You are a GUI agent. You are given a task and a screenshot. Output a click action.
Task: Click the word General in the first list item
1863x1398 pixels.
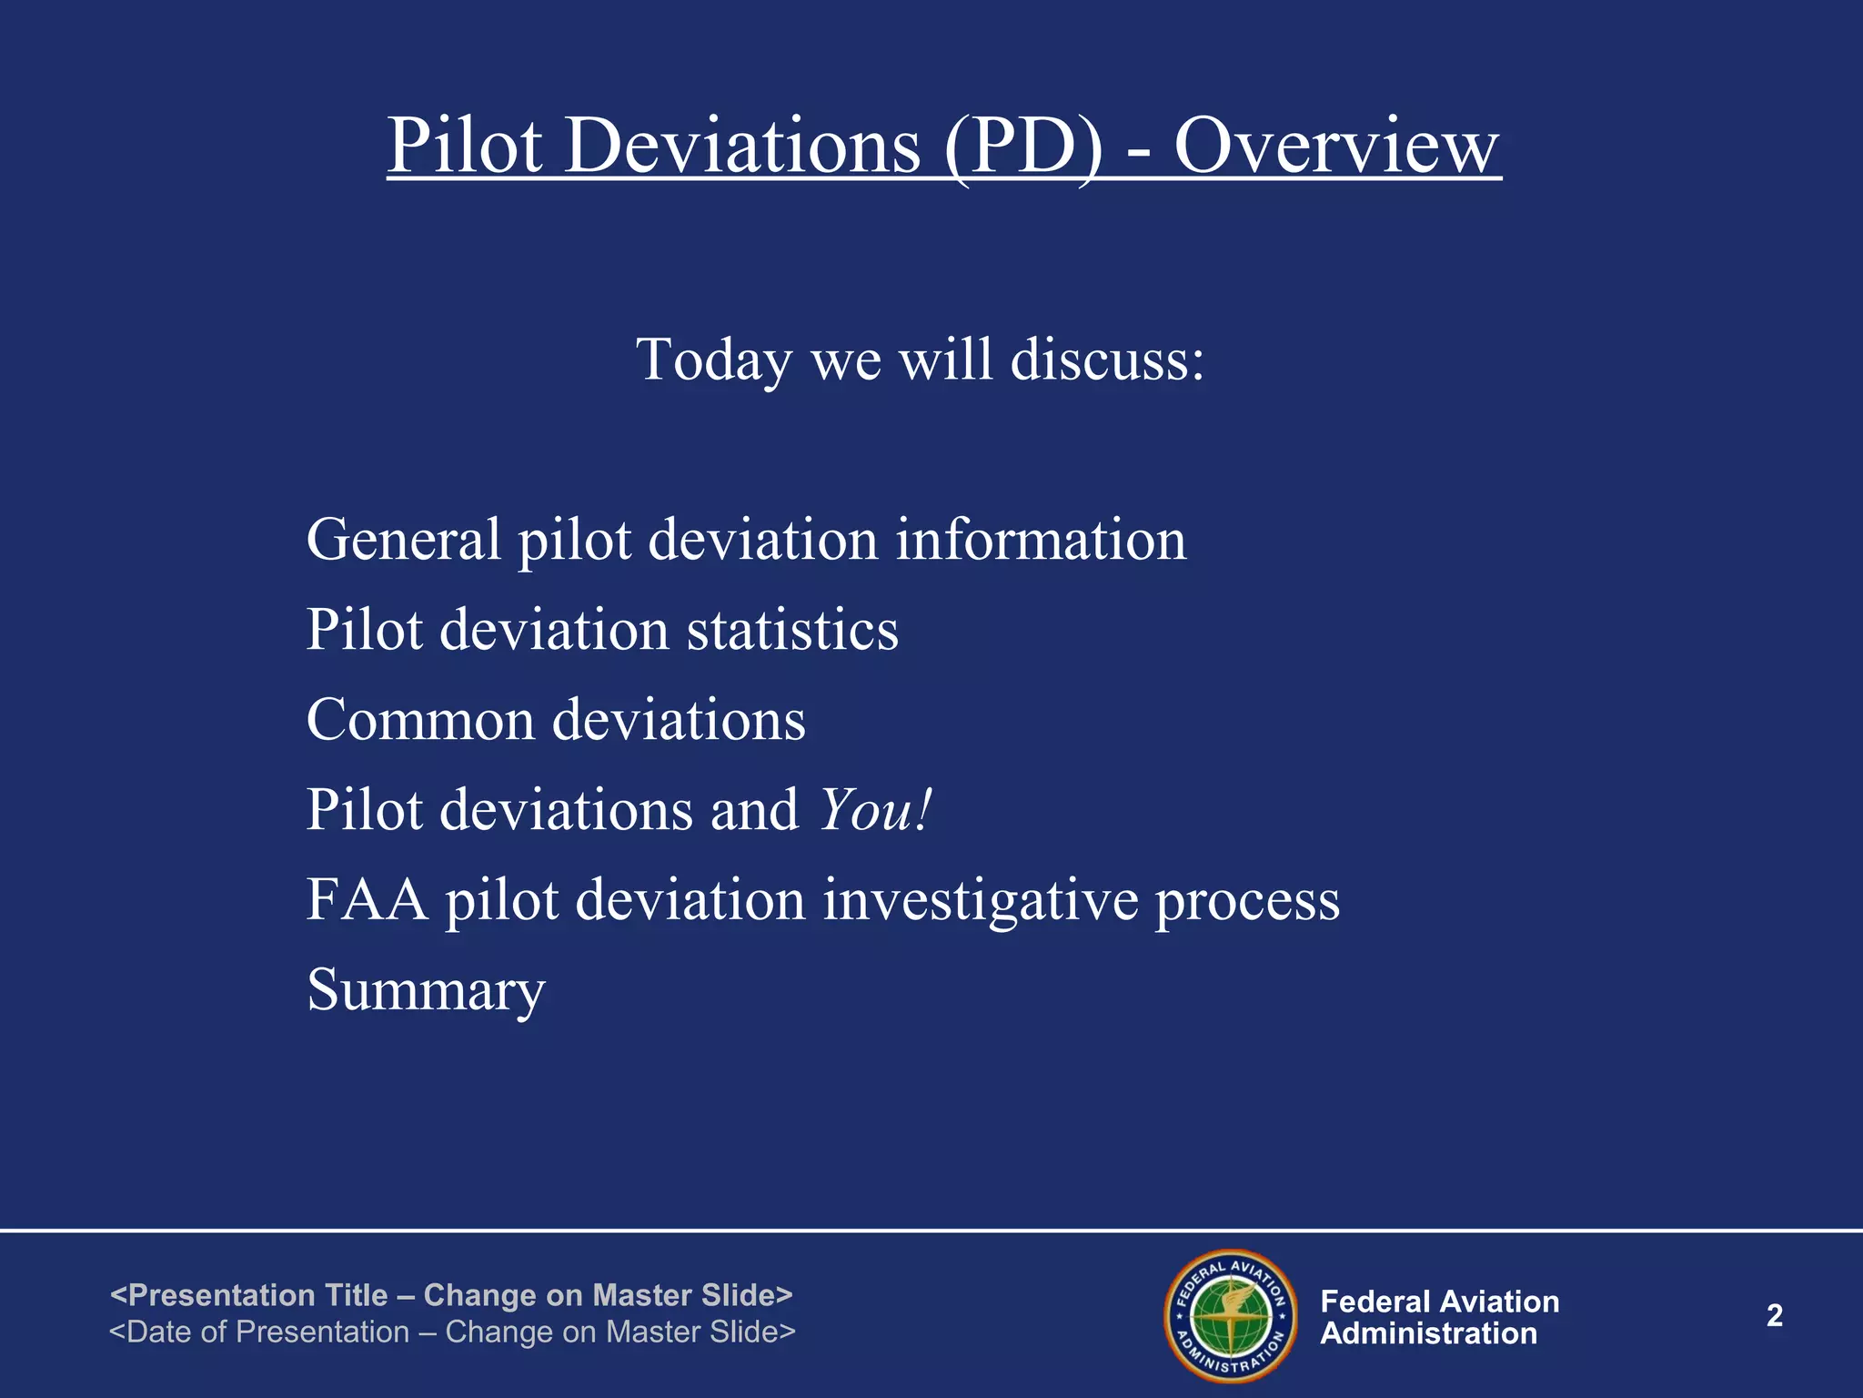tap(403, 539)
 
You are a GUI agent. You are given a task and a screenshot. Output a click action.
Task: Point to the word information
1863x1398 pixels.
tap(1041, 539)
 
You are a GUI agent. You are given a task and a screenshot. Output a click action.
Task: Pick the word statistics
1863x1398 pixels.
tap(791, 629)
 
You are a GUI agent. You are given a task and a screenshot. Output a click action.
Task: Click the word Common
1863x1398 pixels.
tap(420, 719)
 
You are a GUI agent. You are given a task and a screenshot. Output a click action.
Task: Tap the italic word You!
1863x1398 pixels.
tap(875, 809)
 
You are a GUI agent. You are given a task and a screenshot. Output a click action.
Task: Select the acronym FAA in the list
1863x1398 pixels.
tap(367, 899)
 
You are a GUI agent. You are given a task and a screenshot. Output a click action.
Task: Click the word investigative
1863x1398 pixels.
tap(980, 899)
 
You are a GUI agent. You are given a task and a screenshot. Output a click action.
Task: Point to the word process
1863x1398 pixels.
tap(1247, 901)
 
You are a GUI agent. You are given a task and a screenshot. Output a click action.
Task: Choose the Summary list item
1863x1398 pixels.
tap(426, 989)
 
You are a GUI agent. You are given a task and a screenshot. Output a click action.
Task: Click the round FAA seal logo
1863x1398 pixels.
tap(1231, 1316)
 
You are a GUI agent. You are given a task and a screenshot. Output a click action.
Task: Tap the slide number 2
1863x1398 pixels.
tap(1774, 1315)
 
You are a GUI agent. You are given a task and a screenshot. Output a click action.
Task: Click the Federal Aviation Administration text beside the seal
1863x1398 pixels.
tap(1439, 1317)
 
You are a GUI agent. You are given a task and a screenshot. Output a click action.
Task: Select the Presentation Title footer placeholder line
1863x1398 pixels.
tap(451, 1294)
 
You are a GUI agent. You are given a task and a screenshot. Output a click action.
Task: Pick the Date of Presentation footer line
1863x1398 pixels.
tap(452, 1332)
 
